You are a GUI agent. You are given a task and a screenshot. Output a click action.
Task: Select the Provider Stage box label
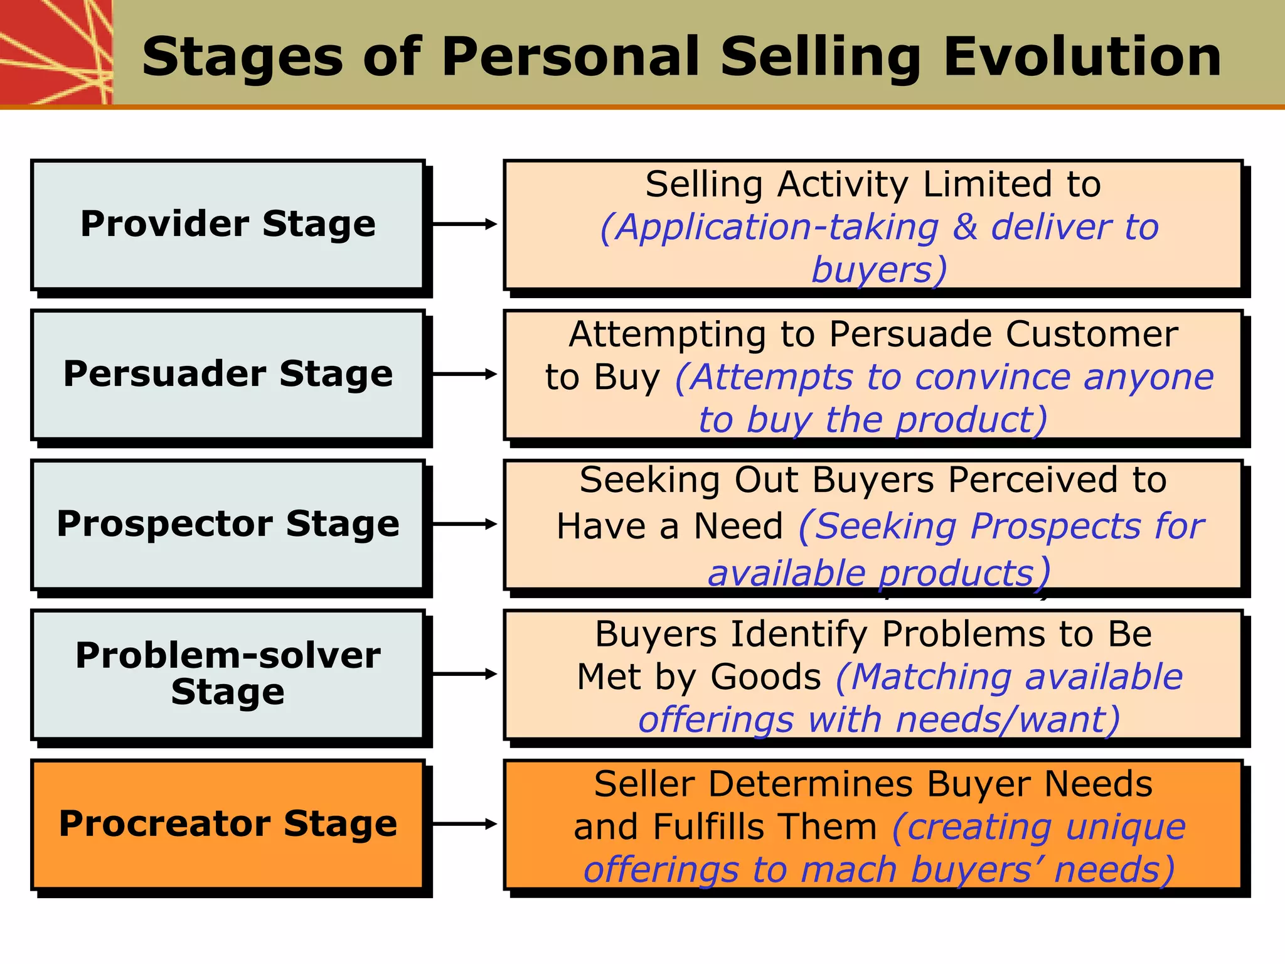(x=228, y=223)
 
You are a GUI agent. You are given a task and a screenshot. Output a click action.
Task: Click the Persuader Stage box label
(x=228, y=373)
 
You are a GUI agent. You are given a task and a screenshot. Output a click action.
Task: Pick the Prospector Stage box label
(x=228, y=523)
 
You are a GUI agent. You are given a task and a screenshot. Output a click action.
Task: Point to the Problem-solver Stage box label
(x=228, y=673)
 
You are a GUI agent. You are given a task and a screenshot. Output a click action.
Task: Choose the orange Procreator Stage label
(x=228, y=823)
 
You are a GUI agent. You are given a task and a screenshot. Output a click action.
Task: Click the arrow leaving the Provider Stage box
(x=465, y=224)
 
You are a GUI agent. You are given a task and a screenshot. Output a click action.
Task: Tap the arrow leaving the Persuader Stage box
(x=465, y=374)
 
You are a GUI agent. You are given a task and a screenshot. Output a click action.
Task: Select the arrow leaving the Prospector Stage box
(x=465, y=524)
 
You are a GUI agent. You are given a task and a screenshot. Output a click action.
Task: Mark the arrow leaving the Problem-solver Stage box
(x=465, y=674)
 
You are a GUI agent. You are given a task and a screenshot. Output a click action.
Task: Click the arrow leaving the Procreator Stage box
(x=465, y=824)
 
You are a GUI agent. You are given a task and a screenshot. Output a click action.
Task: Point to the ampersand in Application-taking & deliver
(x=965, y=227)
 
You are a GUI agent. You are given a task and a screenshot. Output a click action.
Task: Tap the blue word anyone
(x=1149, y=377)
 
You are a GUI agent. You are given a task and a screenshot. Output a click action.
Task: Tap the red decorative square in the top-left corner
(x=55, y=51)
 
